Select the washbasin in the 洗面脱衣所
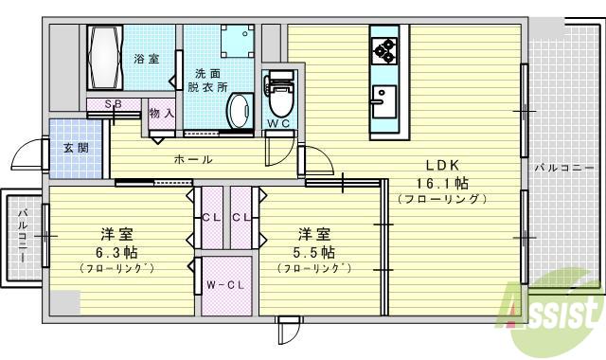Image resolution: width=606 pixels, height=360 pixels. [x=238, y=109]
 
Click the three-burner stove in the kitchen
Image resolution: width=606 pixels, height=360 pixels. [x=386, y=48]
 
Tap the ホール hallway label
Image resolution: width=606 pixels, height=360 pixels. [x=192, y=160]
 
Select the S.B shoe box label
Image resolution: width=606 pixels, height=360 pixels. [x=112, y=104]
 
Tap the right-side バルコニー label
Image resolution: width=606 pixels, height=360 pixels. [x=559, y=168]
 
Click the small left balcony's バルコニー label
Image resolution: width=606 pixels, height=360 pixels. [x=22, y=237]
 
